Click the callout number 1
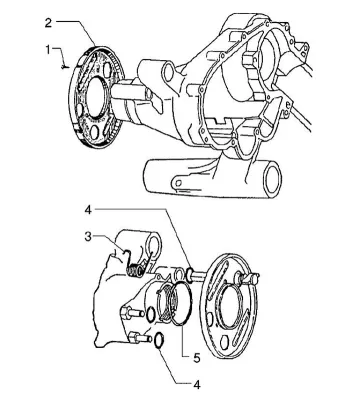pos(48,50)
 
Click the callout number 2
pos(48,23)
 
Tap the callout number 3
pos(88,237)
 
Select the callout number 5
pos(197,358)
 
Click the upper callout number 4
pos(88,210)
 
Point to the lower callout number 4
pos(197,385)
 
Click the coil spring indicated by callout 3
pos(136,268)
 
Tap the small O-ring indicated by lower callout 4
pos(159,341)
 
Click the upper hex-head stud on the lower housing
pos(132,313)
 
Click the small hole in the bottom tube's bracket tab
pos(179,183)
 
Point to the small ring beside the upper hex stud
pos(150,314)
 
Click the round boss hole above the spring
pos(154,246)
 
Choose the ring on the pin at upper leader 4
pos(190,272)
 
